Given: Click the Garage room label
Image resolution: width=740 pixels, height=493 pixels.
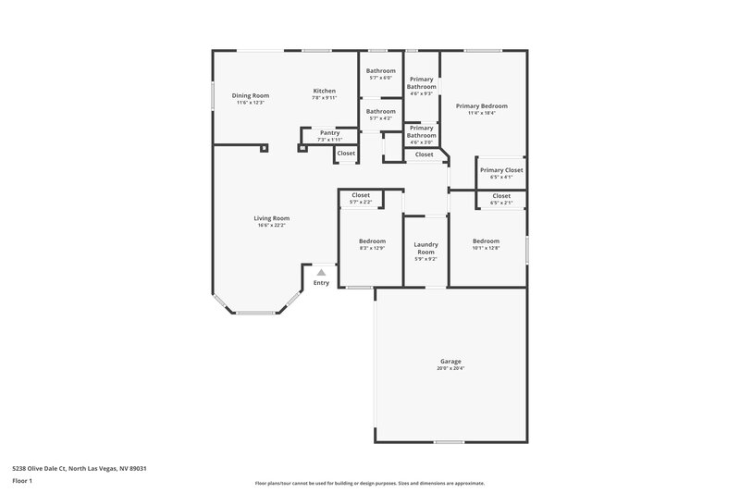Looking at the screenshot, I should click(x=450, y=361).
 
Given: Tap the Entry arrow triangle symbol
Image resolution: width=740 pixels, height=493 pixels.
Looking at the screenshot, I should click(x=321, y=273).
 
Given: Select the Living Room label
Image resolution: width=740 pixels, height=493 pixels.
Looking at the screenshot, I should click(x=272, y=218).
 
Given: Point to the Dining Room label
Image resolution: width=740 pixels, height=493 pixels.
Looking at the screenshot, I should click(x=250, y=95).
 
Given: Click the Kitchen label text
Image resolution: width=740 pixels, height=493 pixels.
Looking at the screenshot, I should click(x=324, y=91).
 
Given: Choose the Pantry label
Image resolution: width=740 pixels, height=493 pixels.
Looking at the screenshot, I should click(x=329, y=133).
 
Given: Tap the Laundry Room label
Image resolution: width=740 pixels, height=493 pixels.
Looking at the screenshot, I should click(x=425, y=248).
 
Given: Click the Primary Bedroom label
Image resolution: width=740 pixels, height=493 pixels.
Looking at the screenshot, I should click(x=482, y=106).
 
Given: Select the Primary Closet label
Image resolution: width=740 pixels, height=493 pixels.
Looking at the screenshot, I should click(x=501, y=170).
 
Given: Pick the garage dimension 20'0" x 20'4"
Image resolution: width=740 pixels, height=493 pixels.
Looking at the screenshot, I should click(x=450, y=368).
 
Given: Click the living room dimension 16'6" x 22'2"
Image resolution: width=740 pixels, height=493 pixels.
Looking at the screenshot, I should click(x=272, y=225).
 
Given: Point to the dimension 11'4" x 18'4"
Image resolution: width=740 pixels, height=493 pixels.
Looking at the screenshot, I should click(x=482, y=113).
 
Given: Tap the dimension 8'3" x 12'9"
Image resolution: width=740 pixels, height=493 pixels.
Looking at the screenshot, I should click(x=372, y=248).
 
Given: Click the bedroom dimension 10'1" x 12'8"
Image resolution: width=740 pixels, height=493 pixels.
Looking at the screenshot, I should click(x=486, y=248).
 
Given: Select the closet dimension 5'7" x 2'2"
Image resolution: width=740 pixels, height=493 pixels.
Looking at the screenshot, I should click(x=361, y=202).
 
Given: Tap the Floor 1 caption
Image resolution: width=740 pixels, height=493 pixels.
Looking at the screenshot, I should click(x=22, y=482).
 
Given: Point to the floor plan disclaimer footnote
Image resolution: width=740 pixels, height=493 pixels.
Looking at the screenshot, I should click(x=369, y=483).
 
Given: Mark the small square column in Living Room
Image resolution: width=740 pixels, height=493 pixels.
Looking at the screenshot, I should click(x=265, y=147).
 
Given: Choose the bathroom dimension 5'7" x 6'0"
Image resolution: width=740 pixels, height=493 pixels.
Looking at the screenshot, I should click(x=380, y=78).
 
